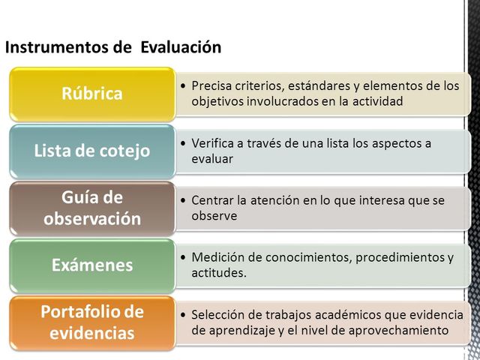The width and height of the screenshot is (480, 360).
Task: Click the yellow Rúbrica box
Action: click(x=91, y=94)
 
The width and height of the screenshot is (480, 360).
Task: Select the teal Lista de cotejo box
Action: click(x=91, y=151)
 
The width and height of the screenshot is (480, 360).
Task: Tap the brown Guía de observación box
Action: click(x=91, y=208)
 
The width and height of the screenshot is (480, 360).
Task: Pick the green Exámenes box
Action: click(x=91, y=265)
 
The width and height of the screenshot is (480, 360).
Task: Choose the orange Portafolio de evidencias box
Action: click(x=91, y=322)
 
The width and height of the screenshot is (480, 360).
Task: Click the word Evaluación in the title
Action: click(x=180, y=48)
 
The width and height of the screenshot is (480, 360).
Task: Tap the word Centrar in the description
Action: click(x=211, y=201)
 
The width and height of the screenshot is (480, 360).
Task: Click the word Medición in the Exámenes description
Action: click(x=216, y=258)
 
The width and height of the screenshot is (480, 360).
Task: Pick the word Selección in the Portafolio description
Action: click(x=217, y=315)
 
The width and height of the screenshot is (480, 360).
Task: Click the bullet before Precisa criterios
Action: click(x=184, y=86)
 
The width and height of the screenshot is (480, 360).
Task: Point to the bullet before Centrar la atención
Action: click(x=184, y=201)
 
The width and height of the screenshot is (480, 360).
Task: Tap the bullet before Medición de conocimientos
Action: click(x=184, y=258)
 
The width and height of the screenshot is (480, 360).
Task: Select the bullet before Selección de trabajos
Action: click(x=184, y=315)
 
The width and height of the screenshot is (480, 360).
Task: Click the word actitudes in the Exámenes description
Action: click(x=216, y=273)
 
